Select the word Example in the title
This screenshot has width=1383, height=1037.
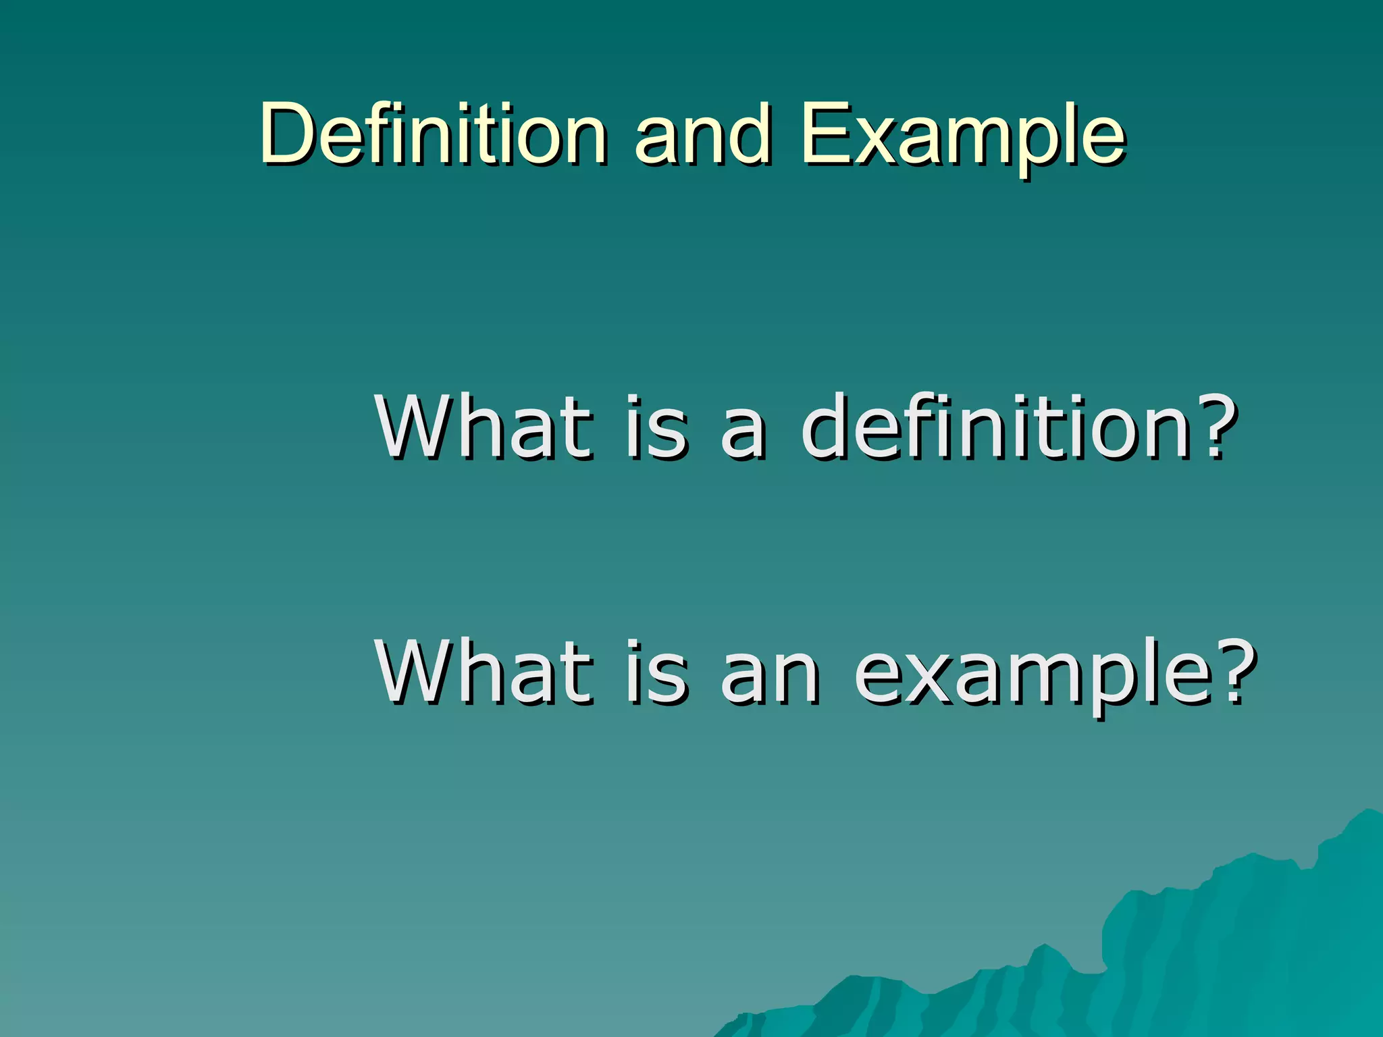click(x=963, y=135)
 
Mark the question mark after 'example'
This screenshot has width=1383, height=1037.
click(x=1239, y=672)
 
